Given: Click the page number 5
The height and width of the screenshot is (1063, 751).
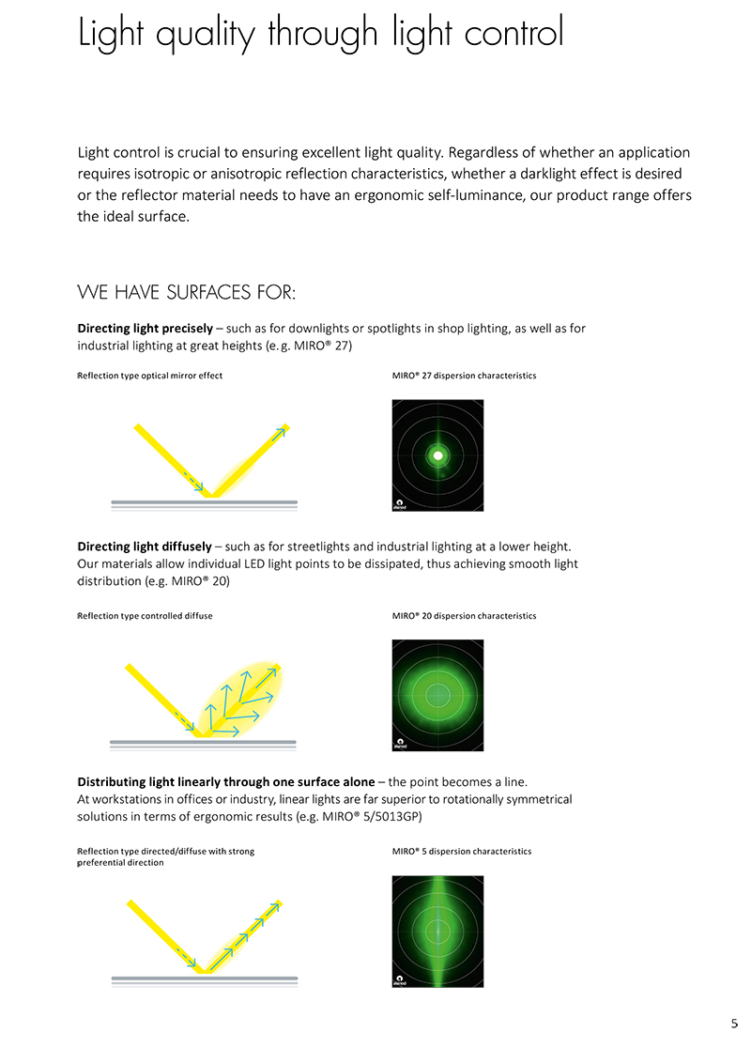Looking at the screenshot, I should (x=734, y=1024).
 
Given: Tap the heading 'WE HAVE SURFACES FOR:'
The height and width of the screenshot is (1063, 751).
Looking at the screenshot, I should (x=187, y=294).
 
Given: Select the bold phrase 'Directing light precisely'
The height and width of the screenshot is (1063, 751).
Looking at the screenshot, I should (x=145, y=329).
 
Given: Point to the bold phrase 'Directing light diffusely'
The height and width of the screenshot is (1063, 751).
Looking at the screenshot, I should (x=144, y=547).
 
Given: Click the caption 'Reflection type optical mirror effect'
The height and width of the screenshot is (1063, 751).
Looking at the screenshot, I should (x=149, y=376).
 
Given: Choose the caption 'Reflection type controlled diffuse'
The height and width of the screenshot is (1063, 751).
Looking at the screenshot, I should (x=145, y=616).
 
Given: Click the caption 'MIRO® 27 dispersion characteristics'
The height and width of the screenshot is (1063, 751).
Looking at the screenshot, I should (x=464, y=376).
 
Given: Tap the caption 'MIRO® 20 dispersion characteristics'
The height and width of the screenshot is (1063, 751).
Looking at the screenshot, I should (x=464, y=616).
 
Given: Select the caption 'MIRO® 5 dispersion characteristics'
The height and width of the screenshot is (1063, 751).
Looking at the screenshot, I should (x=461, y=852).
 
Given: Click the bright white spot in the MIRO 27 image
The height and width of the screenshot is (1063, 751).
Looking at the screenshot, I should (x=437, y=455).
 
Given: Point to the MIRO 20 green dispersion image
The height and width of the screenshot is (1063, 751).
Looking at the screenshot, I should (x=437, y=695).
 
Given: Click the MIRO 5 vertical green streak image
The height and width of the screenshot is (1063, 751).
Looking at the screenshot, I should (x=437, y=931).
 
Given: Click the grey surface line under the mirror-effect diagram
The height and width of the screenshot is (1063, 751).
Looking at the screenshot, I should (x=204, y=502).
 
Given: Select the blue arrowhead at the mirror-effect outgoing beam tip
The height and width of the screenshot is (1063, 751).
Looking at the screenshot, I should (x=281, y=432).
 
